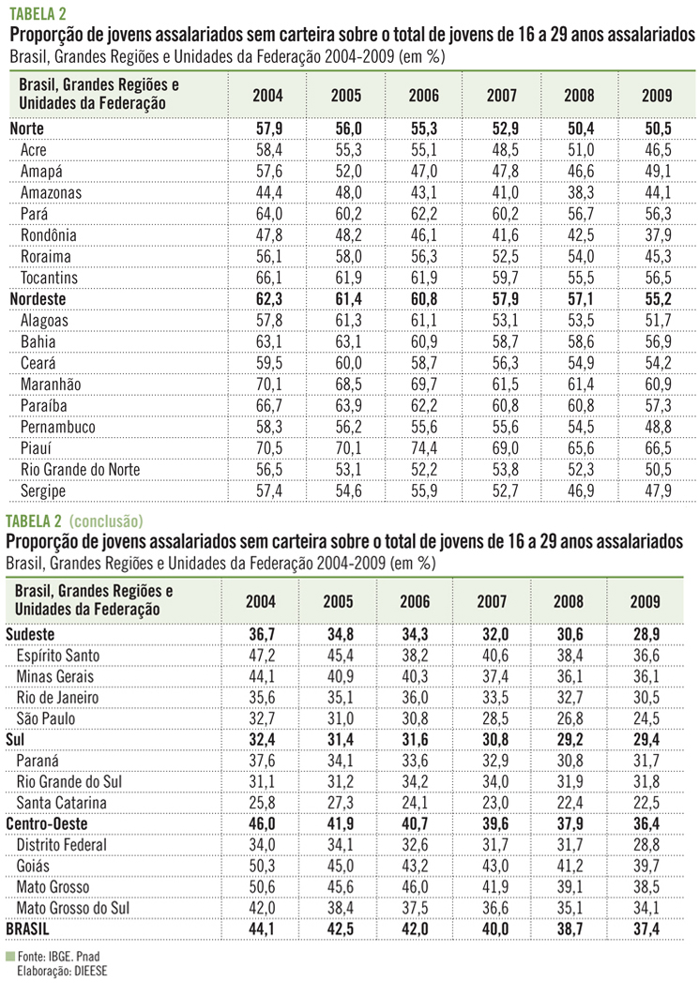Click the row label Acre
pos(34,148)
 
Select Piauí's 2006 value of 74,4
pos(424,446)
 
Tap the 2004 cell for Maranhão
pos(267,384)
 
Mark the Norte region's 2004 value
pos(267,128)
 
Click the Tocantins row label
pos(48,278)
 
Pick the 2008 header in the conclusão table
pos(573,601)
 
